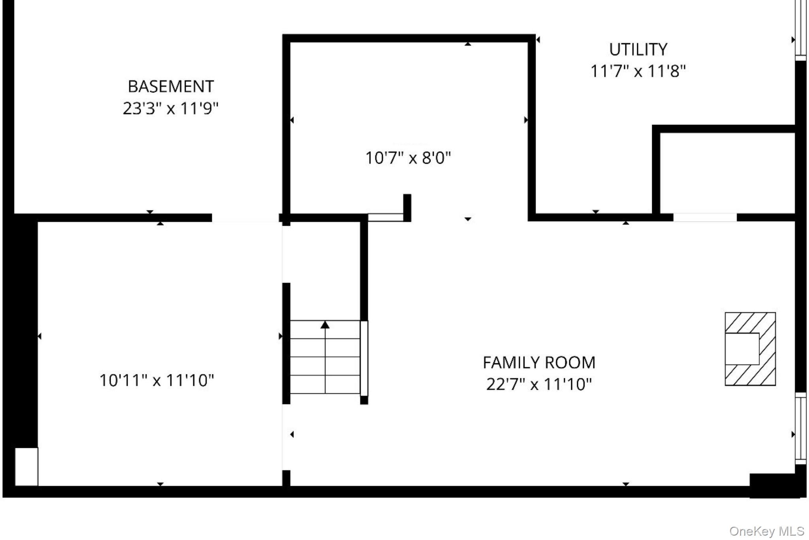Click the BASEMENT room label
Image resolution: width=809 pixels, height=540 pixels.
pyautogui.click(x=171, y=86)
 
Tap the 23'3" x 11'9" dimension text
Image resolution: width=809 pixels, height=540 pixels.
pyautogui.click(x=171, y=108)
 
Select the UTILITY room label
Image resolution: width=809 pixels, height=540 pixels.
pyautogui.click(x=638, y=50)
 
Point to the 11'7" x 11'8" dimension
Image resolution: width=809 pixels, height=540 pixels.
pyautogui.click(x=638, y=72)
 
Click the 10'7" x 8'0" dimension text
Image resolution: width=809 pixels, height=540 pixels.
pyautogui.click(x=408, y=158)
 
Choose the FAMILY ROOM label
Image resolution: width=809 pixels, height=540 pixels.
pyautogui.click(x=539, y=363)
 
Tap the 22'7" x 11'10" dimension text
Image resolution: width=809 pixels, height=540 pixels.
pyautogui.click(x=539, y=384)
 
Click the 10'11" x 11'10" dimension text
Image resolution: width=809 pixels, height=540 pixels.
pyautogui.click(x=156, y=380)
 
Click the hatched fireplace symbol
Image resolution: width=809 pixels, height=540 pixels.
pyautogui.click(x=750, y=349)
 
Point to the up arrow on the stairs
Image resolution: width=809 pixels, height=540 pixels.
pyautogui.click(x=325, y=325)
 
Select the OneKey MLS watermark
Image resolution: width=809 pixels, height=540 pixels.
pyautogui.click(x=766, y=531)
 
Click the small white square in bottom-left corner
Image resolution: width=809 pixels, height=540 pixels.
pyautogui.click(x=26, y=466)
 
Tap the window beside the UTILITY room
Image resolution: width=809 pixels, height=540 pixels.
pyautogui.click(x=800, y=30)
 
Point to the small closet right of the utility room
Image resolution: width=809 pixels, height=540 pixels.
pyautogui.click(x=727, y=173)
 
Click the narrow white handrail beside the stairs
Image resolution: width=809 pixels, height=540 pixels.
pyautogui.click(x=364, y=357)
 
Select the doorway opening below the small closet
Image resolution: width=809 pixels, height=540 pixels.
pyautogui.click(x=705, y=217)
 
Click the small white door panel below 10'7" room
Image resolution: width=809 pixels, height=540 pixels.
pyautogui.click(x=385, y=217)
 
